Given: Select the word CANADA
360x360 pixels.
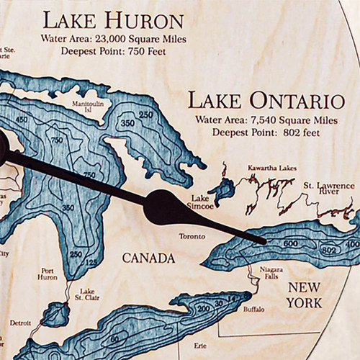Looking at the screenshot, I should coord(148,258).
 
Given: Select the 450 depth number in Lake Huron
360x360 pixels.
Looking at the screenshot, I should coord(22,120).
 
